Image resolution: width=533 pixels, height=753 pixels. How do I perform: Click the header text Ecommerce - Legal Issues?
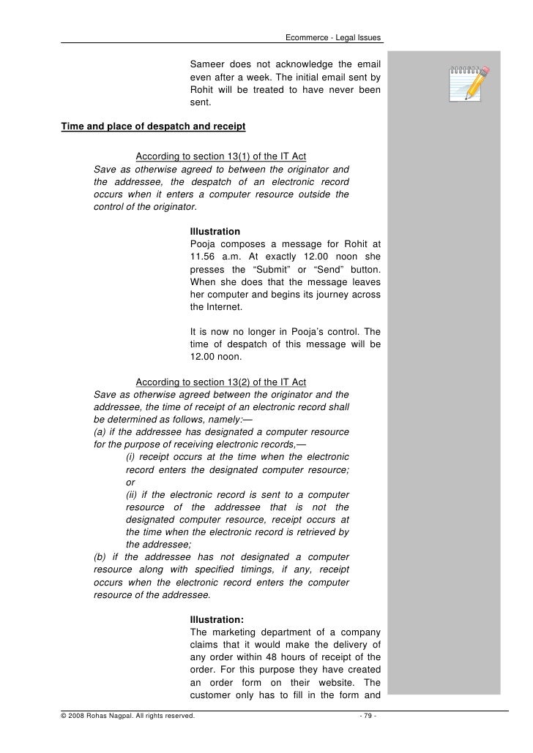[x=333, y=38]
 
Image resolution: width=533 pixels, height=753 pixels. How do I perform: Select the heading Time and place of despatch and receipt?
[x=153, y=126]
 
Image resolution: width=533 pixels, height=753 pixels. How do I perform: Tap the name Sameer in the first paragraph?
[x=207, y=64]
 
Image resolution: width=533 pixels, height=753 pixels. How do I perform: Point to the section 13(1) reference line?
[x=221, y=156]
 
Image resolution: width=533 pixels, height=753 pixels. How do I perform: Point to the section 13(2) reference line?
[x=221, y=382]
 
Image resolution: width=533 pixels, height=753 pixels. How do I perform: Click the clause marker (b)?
[x=102, y=557]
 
